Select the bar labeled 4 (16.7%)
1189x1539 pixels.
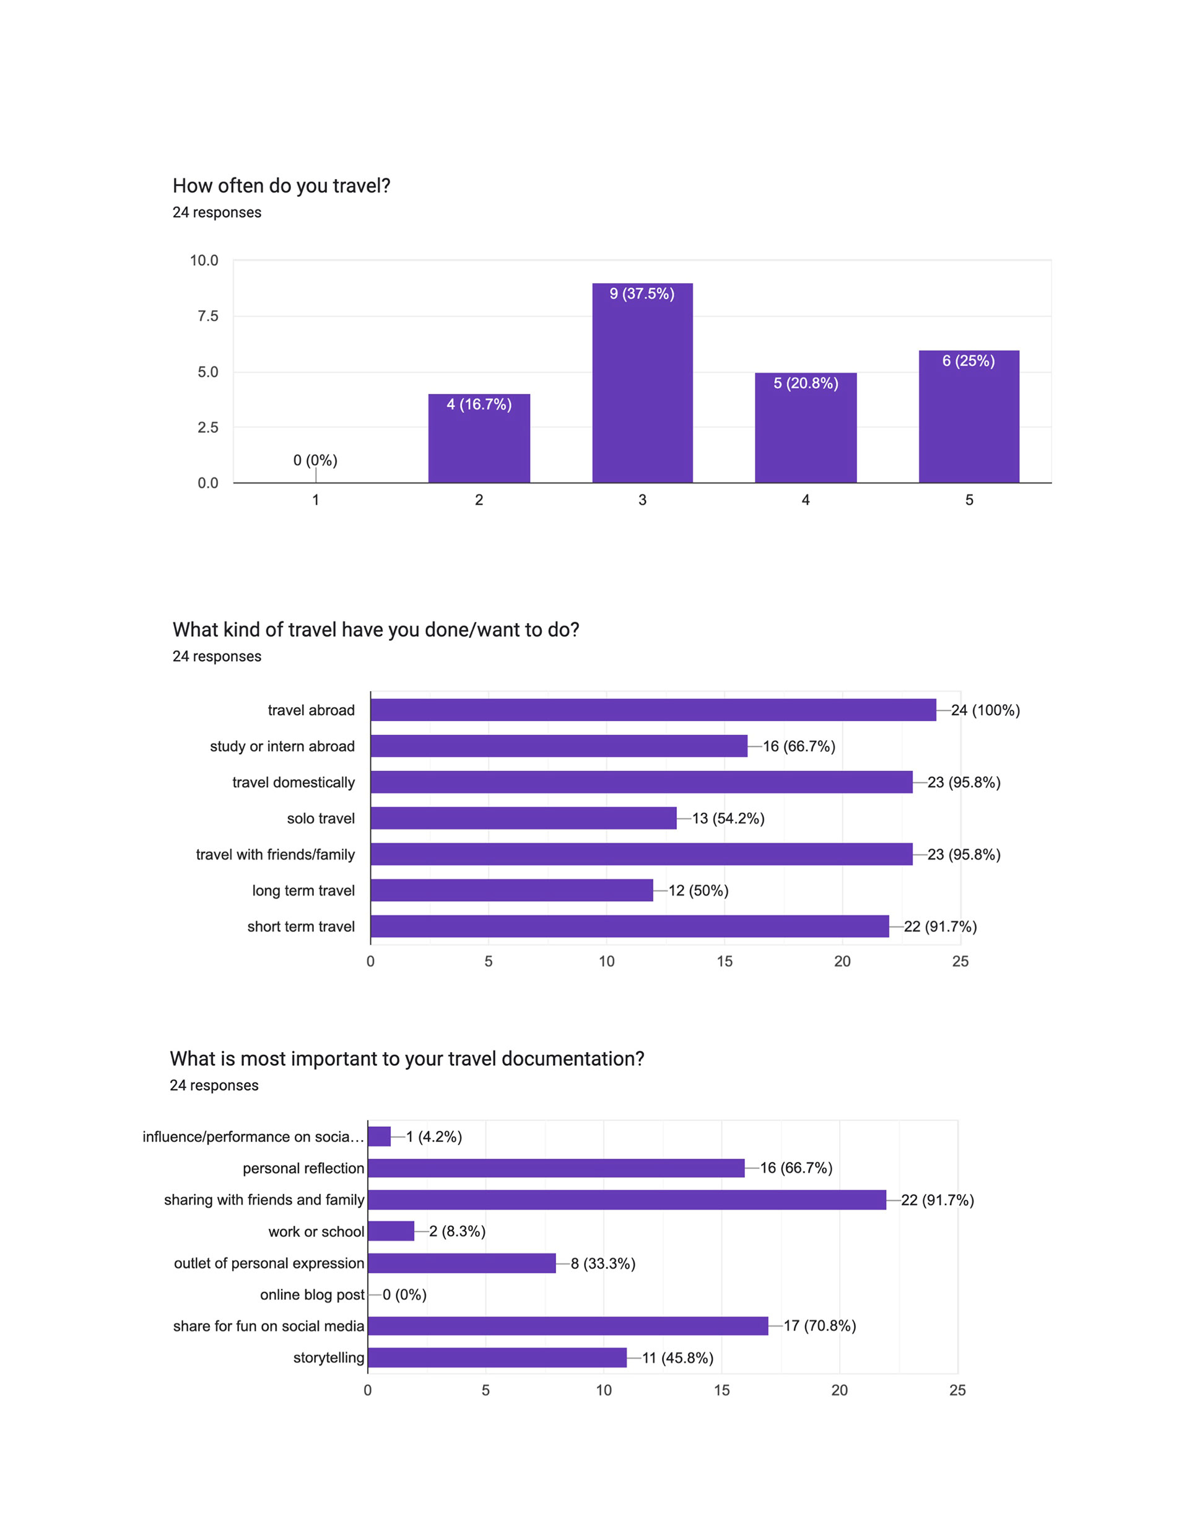click(x=479, y=438)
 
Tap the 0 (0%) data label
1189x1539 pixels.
click(x=315, y=460)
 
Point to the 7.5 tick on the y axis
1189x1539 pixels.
click(x=208, y=316)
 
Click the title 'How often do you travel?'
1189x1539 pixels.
click(x=281, y=185)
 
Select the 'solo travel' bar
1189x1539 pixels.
click(x=523, y=818)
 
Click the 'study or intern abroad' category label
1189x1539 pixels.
click(x=282, y=746)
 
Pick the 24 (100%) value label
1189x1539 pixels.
click(x=985, y=710)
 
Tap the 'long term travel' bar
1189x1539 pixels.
click(x=512, y=890)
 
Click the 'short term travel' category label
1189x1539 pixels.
click(x=301, y=926)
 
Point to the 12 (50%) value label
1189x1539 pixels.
click(x=698, y=891)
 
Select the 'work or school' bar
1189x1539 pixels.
click(x=391, y=1231)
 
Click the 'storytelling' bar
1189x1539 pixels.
click(x=497, y=1357)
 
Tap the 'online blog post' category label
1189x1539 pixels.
click(x=312, y=1294)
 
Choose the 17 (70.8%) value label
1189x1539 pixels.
click(x=820, y=1325)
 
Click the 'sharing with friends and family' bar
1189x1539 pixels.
click(x=627, y=1200)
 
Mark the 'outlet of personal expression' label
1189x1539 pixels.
click(x=269, y=1263)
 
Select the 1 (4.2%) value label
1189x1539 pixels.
click(x=433, y=1136)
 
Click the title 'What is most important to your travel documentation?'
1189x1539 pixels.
click(x=407, y=1058)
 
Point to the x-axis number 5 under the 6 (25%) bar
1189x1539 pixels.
click(x=969, y=500)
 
